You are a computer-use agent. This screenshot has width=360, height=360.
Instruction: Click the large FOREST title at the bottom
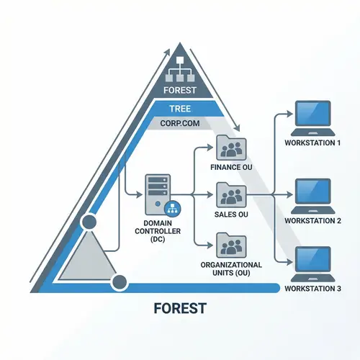(180, 309)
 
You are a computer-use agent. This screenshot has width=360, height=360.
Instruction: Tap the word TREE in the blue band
(180, 107)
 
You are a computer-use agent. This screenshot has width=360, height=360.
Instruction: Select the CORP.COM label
(180, 124)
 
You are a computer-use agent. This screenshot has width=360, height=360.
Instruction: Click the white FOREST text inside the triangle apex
(180, 91)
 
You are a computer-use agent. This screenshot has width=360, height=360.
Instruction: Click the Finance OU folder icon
(232, 150)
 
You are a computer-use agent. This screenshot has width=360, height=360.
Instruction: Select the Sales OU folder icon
(232, 194)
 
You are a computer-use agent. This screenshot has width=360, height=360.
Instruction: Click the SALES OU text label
(232, 214)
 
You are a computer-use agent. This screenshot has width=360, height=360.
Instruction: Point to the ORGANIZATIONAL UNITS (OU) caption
(231, 269)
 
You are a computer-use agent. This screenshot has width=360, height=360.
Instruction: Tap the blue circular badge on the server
(172, 208)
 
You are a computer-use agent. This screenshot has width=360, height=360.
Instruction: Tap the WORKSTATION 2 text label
(313, 220)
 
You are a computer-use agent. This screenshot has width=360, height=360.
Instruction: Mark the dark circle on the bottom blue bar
(120, 282)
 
